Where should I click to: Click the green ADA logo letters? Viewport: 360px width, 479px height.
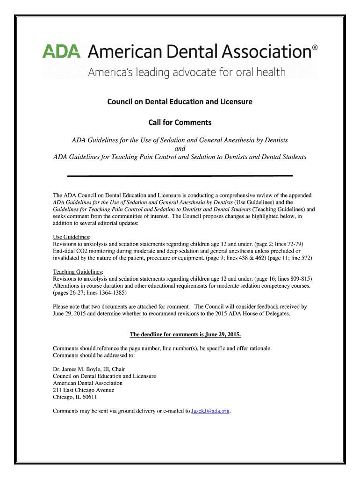pos(61,51)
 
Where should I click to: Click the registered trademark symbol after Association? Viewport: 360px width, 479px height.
pos(315,48)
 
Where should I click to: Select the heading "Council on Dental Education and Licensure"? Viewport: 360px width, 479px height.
pos(180,102)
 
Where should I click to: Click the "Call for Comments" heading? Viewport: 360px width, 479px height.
pos(180,123)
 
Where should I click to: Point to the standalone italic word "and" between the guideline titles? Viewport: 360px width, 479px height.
pos(180,149)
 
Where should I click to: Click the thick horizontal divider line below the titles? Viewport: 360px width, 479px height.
pos(180,176)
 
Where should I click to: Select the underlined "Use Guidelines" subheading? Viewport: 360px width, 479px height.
pos(72,237)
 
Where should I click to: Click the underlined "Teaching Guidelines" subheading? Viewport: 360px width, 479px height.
pos(78,272)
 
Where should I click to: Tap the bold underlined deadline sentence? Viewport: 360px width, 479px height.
pos(185,335)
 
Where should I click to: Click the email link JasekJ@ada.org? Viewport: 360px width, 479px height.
pos(210,411)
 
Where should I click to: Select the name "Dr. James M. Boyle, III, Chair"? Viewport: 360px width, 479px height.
pos(89,369)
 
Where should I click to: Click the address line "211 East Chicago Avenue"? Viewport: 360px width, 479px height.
pos(83,390)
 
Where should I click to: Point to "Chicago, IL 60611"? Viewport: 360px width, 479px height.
pos(75,397)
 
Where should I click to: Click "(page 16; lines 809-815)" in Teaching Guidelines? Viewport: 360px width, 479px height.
pos(280,279)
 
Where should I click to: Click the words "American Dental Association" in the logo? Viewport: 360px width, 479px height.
pos(199,51)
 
